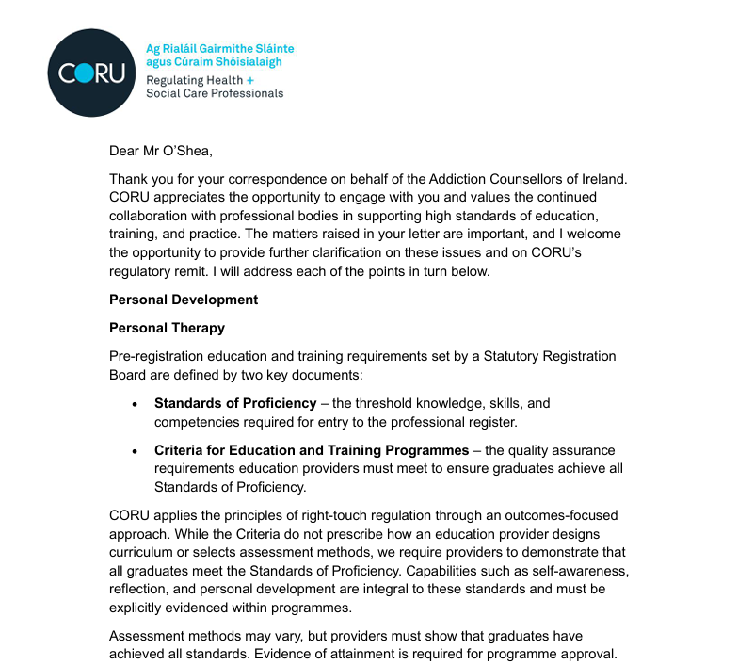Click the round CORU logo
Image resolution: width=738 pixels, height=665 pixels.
pyautogui.click(x=90, y=73)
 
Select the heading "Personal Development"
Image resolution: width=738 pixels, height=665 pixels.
pyautogui.click(x=183, y=300)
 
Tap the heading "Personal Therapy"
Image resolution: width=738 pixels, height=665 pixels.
pyautogui.click(x=167, y=328)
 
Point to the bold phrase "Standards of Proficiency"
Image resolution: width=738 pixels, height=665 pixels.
pyautogui.click(x=235, y=403)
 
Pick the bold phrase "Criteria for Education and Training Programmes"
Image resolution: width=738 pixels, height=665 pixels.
pyautogui.click(x=312, y=449)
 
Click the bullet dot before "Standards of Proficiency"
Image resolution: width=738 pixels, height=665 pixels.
pyautogui.click(x=135, y=404)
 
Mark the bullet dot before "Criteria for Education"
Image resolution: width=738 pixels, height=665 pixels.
pyautogui.click(x=135, y=450)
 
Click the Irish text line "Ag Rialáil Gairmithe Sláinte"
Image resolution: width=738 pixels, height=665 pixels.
pyautogui.click(x=219, y=48)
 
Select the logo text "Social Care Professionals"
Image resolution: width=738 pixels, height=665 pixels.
pyautogui.click(x=215, y=94)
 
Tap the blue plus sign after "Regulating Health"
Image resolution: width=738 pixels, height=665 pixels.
pyautogui.click(x=250, y=80)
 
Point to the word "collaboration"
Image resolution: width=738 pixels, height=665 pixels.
pyautogui.click(x=148, y=215)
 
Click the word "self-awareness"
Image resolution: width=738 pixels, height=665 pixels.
pyautogui.click(x=583, y=571)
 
